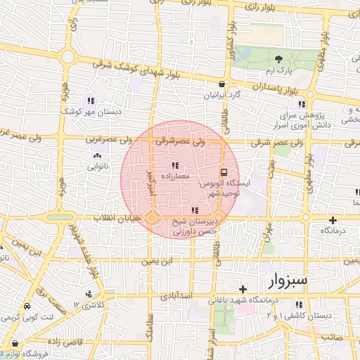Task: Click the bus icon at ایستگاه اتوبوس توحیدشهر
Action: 224,172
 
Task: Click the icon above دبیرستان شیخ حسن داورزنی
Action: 195,210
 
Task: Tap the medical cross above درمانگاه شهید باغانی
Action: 243,289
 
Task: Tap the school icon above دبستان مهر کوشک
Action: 89,100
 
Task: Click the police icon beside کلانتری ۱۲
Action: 87,294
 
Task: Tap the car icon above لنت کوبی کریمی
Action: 26,307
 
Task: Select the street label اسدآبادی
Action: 177,296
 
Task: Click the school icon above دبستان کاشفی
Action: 300,304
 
